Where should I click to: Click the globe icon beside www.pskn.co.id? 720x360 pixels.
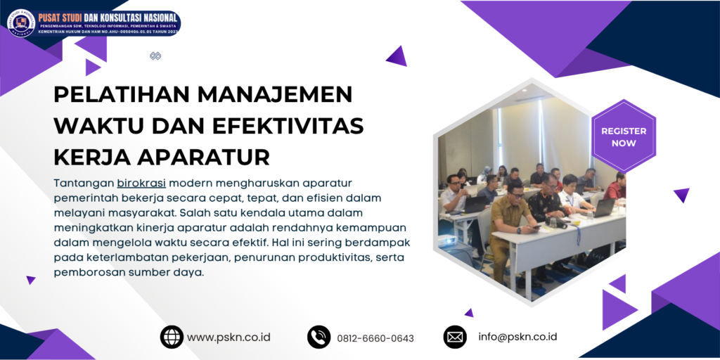[x=172, y=337]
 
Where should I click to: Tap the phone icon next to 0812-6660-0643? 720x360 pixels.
[x=319, y=337]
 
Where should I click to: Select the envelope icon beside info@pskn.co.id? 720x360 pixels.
[x=455, y=337]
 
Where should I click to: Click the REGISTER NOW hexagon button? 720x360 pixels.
[x=624, y=136]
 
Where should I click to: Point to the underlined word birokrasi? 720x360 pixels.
[x=142, y=183]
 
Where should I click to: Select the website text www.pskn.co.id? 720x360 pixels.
[x=229, y=337]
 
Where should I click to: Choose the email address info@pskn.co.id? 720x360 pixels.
[x=517, y=337]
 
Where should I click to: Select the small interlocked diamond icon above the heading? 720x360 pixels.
[x=155, y=56]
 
